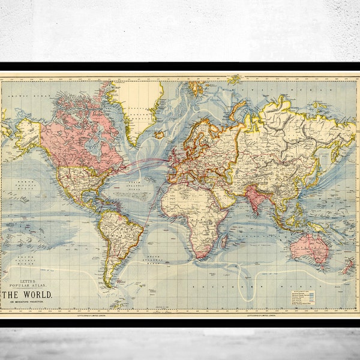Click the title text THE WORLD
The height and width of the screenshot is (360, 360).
(27, 295)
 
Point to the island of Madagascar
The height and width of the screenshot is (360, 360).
(224, 239)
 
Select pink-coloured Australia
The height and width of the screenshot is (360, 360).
(308, 247)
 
